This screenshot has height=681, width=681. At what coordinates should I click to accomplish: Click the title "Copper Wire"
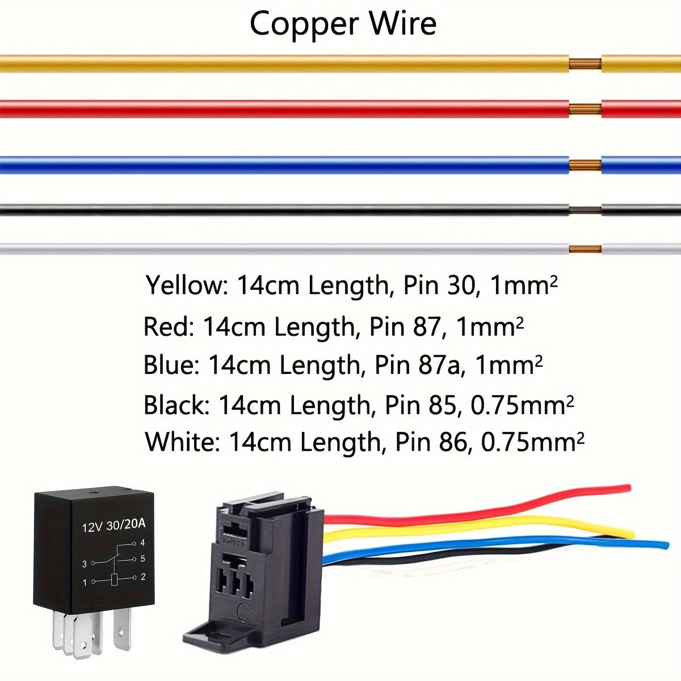click(343, 24)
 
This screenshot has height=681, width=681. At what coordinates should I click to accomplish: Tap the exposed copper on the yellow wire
click(585, 64)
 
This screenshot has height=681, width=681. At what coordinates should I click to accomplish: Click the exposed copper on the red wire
click(585, 108)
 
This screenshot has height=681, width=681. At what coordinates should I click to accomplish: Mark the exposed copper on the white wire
click(585, 249)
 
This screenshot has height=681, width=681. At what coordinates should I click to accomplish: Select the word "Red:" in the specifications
click(169, 327)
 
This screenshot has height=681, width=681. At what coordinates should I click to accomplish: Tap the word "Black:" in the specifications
click(176, 405)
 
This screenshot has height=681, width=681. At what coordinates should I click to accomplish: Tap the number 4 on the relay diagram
click(142, 543)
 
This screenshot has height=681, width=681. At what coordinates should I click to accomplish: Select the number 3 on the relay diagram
click(85, 564)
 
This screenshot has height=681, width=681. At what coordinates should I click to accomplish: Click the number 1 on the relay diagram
click(85, 582)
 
